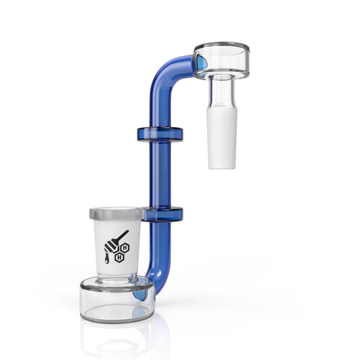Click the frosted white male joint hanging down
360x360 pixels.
[222, 141]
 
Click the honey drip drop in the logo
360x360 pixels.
[106, 261]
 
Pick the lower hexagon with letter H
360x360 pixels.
[120, 257]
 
